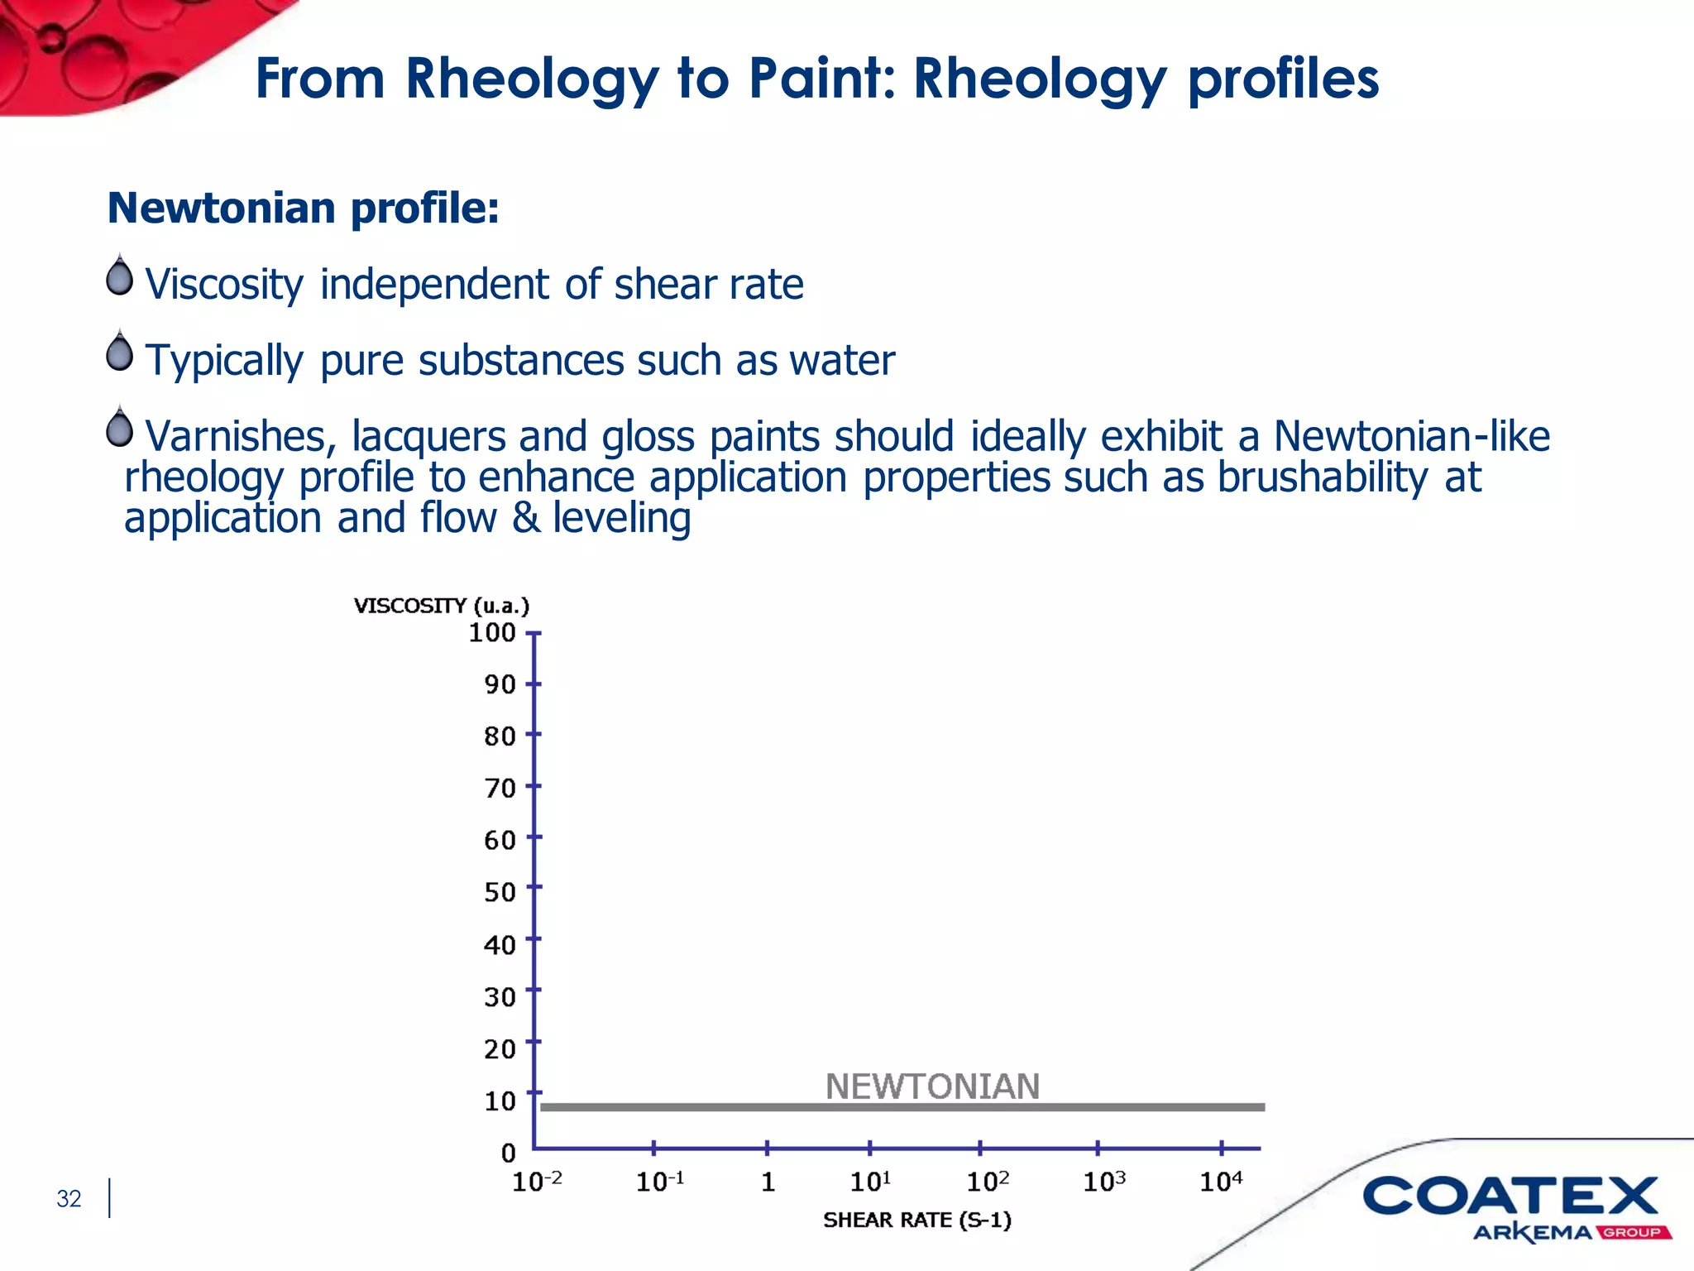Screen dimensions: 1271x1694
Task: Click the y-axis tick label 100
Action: [492, 633]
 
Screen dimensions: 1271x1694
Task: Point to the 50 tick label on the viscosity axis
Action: [500, 892]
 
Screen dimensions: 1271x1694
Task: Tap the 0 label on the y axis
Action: [508, 1153]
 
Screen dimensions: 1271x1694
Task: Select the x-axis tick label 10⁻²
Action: [537, 1182]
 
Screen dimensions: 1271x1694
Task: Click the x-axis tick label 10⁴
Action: [1221, 1182]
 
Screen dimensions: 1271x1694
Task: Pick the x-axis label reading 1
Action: [768, 1182]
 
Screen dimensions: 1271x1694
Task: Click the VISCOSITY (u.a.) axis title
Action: [442, 606]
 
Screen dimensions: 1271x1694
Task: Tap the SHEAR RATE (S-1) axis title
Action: [917, 1221]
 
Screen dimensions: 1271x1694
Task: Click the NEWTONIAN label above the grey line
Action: [932, 1086]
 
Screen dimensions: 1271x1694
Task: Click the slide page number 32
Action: [69, 1199]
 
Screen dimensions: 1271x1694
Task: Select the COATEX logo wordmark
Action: [1510, 1197]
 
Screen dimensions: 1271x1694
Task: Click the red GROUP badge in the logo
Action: [1633, 1233]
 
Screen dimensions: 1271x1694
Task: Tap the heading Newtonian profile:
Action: [304, 208]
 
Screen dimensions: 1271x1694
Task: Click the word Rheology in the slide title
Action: [532, 79]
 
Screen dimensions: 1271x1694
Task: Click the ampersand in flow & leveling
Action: [525, 519]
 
